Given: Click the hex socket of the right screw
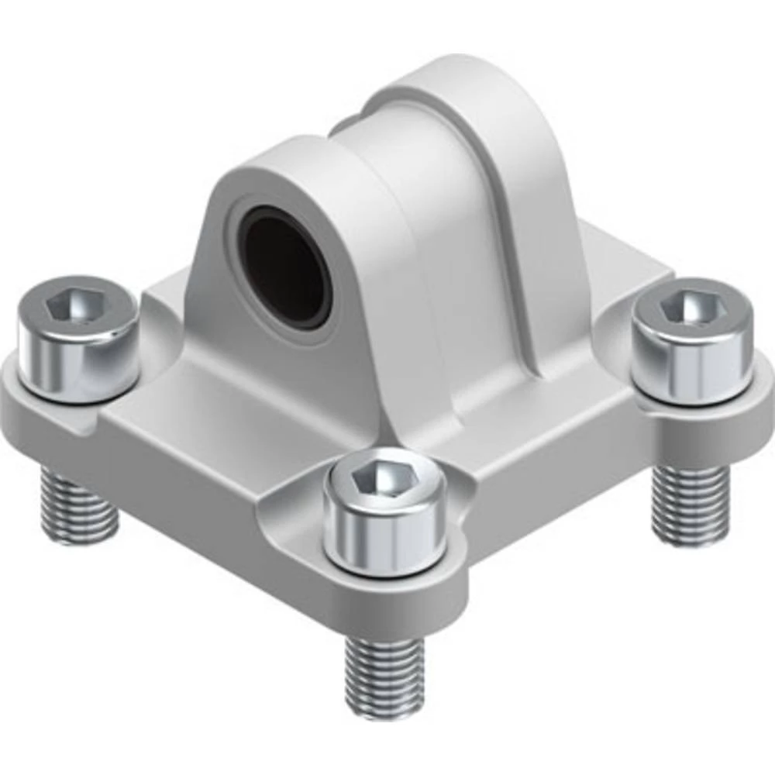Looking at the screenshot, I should (692, 309).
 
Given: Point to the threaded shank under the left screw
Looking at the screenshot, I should (77, 508).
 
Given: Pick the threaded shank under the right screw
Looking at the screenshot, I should (689, 504).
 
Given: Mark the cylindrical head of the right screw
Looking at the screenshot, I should (692, 360).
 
